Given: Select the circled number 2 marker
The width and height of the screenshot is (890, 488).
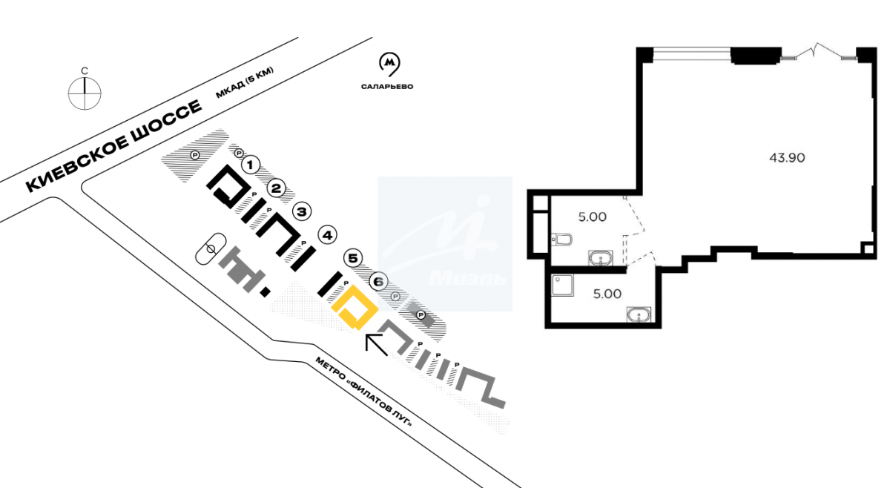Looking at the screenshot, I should (x=276, y=188).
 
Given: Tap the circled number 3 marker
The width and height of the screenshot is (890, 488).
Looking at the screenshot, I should (x=301, y=211).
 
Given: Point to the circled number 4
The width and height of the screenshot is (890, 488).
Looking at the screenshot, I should (x=327, y=235).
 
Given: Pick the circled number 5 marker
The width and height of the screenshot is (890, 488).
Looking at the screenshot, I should (x=353, y=258).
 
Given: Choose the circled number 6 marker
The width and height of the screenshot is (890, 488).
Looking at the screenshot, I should (x=378, y=281).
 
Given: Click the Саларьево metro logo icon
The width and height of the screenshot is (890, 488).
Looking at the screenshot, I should (x=388, y=65).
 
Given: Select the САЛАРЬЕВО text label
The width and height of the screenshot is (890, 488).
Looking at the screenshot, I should (x=387, y=87).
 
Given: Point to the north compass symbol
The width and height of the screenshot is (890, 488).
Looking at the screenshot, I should (x=85, y=92).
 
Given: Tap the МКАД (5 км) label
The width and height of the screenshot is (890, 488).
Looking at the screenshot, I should (x=245, y=83).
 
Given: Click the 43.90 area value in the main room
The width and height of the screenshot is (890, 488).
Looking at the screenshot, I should (x=788, y=157).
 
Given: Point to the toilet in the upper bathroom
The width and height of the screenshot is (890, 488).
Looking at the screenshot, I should (x=563, y=239).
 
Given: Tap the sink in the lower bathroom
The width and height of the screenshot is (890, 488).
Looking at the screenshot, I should (x=638, y=315).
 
